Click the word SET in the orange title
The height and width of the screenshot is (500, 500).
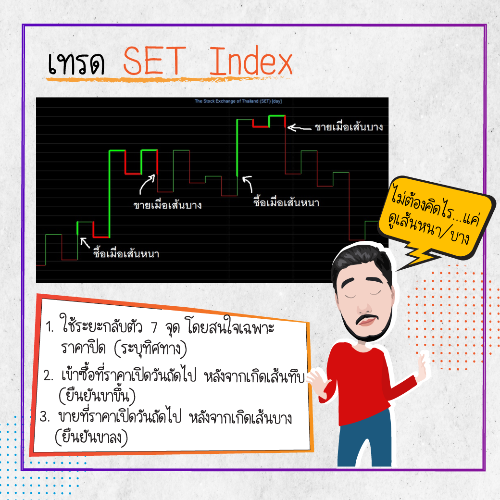154,61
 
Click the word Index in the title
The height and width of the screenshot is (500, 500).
251,61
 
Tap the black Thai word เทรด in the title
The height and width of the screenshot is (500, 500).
76,63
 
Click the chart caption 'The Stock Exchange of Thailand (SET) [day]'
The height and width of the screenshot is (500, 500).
238,101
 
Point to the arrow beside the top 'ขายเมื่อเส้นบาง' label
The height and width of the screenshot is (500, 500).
299,128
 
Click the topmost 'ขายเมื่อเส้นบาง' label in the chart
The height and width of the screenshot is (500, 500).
349,127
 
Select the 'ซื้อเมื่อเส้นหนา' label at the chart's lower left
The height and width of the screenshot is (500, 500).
126,253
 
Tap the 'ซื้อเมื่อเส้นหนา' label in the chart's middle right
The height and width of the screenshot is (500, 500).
287,202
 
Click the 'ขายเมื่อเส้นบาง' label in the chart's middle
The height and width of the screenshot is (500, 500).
167,204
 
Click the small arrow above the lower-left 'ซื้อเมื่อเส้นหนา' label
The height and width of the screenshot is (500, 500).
85,243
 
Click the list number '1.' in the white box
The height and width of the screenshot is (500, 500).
50,326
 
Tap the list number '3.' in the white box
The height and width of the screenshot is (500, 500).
44,416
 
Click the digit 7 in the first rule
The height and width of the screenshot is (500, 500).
154,327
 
